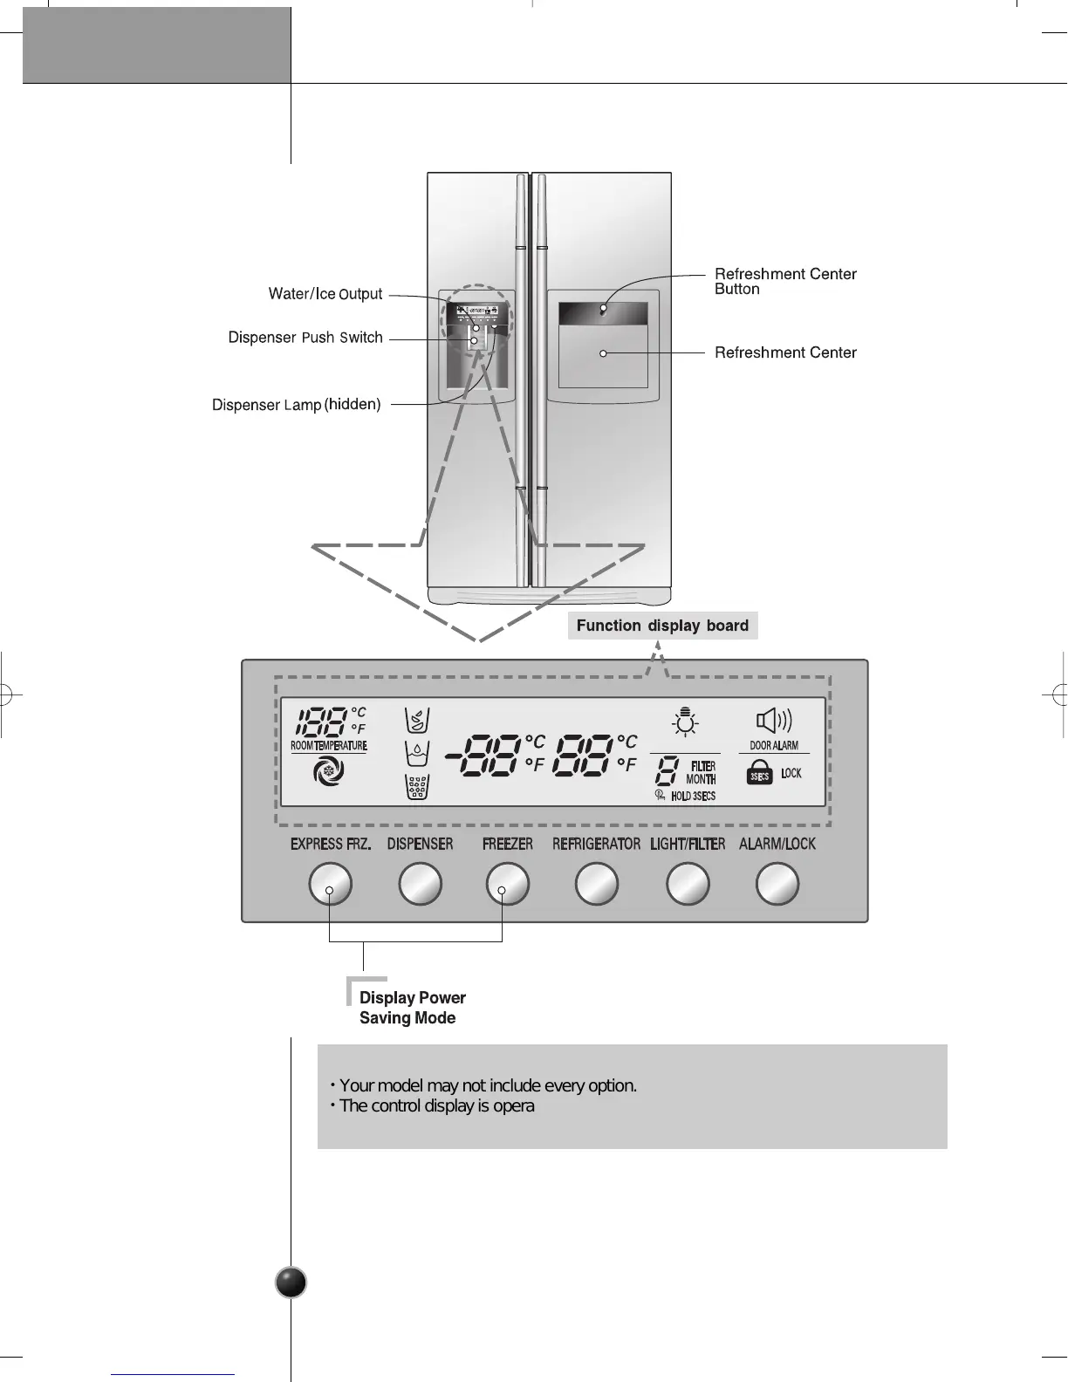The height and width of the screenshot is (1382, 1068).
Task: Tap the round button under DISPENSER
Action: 421,885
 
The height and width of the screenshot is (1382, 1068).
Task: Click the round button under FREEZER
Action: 508,885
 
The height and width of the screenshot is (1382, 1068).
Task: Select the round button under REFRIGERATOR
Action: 598,885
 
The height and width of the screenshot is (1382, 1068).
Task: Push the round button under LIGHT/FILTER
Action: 688,885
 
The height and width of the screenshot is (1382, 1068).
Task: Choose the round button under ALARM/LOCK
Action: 777,885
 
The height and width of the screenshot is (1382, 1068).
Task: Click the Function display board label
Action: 662,626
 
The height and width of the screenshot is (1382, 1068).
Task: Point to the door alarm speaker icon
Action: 773,721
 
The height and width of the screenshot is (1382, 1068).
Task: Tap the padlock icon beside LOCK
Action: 760,773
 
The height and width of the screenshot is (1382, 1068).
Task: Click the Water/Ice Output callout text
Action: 325,294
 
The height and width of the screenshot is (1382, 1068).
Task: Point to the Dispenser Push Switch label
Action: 305,338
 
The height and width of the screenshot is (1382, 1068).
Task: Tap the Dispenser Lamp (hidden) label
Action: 297,405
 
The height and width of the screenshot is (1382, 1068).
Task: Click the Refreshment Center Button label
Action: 785,281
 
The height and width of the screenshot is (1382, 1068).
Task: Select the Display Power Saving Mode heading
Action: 412,1008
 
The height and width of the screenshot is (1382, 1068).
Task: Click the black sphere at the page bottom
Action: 291,1283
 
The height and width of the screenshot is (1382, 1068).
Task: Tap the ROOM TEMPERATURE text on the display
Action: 328,746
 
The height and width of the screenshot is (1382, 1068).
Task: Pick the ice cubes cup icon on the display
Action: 417,787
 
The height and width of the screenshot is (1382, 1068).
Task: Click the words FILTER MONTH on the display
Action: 701,773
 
